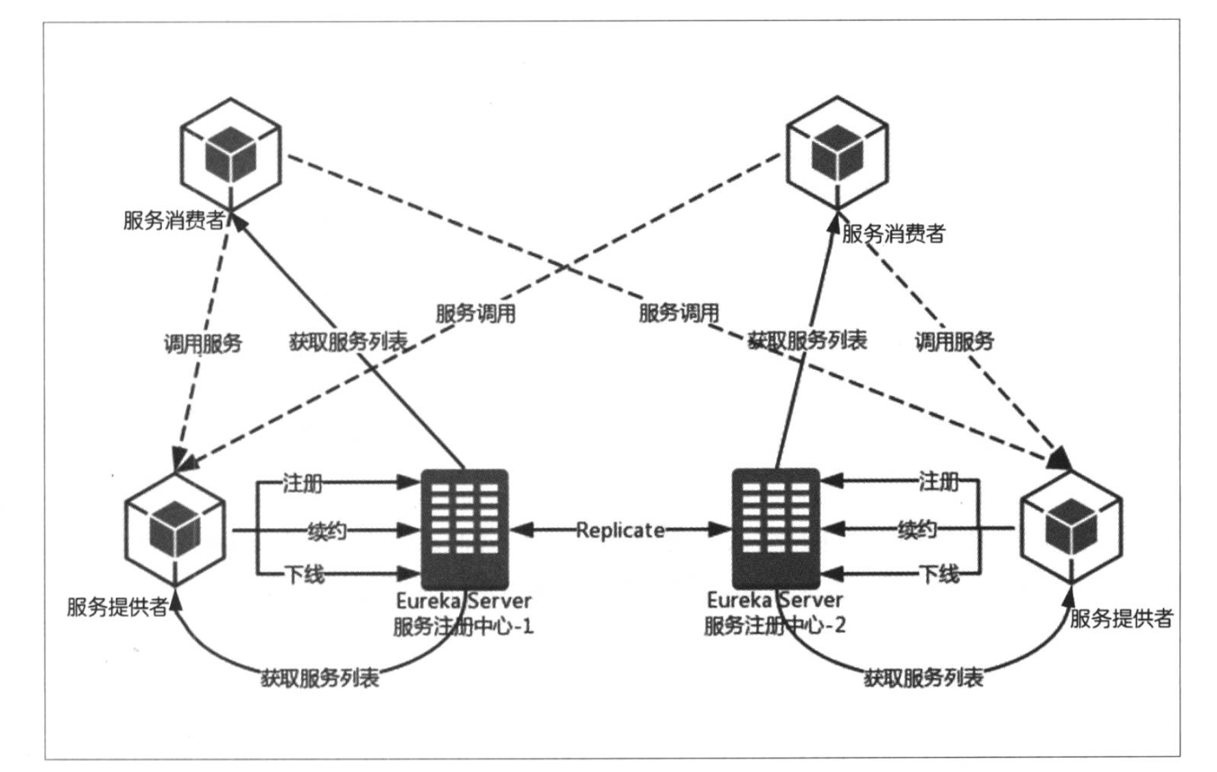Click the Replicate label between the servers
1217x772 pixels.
point(619,530)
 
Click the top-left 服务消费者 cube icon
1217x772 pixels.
point(231,154)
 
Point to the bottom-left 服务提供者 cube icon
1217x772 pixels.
point(175,529)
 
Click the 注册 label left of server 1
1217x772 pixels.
point(303,483)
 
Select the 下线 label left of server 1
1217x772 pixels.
point(305,575)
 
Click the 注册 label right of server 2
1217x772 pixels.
point(938,481)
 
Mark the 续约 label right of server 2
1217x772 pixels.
point(917,529)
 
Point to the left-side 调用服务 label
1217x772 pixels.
point(202,343)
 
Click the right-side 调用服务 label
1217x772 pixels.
point(954,341)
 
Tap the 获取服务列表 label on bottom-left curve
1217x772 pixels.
point(320,678)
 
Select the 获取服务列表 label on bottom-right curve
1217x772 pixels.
point(923,678)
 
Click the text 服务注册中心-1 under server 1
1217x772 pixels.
point(463,626)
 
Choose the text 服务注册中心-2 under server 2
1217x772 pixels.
point(775,625)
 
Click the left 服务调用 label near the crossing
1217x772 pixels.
point(475,314)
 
